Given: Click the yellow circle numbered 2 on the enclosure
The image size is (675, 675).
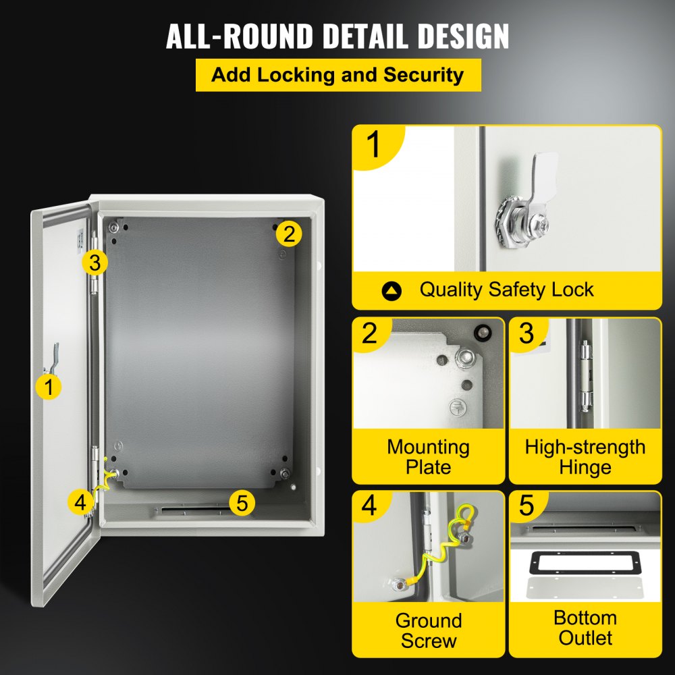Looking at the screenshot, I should (289, 234).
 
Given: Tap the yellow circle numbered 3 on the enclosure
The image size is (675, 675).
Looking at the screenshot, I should (94, 263).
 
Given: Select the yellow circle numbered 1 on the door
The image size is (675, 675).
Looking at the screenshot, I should (48, 387).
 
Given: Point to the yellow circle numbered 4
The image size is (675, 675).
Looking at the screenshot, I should (80, 502).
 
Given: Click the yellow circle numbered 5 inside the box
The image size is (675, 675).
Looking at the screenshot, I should (242, 502).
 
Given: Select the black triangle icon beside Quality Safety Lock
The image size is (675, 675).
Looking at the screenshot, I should (391, 291).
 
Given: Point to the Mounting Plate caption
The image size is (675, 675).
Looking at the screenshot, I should (428, 457).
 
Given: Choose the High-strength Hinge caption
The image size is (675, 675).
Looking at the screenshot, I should (585, 457).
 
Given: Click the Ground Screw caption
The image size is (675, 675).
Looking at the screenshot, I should (428, 630).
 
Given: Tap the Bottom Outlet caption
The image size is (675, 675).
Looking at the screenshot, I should (585, 628).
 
